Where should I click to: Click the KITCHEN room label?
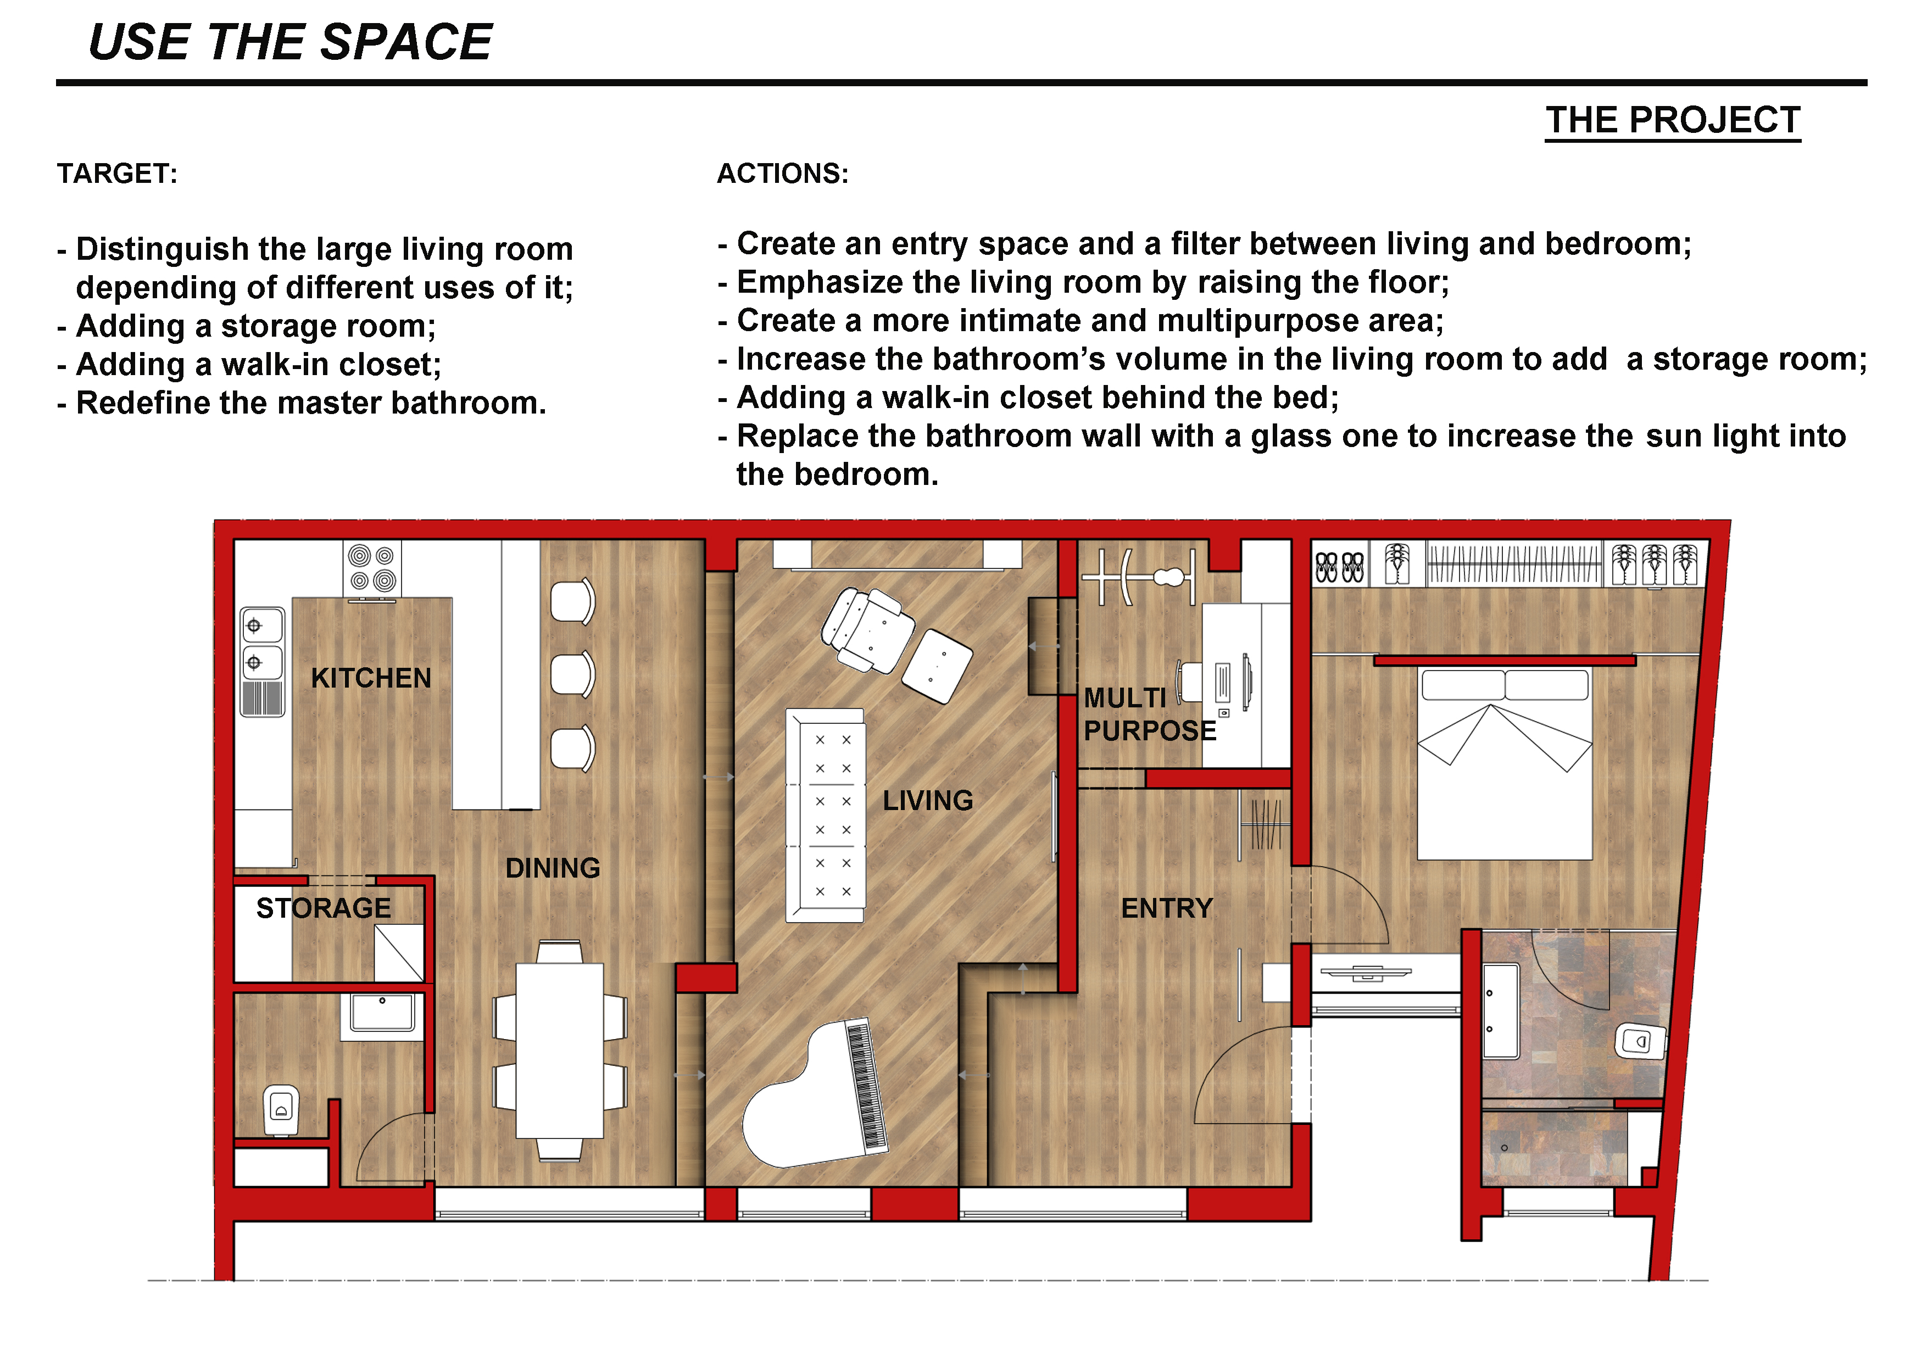pyautogui.click(x=371, y=678)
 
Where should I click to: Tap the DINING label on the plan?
pyautogui.click(x=553, y=868)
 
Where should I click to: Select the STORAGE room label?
pyautogui.click(x=324, y=908)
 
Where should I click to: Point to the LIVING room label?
pyautogui.click(x=927, y=801)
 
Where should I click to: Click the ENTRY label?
pyautogui.click(x=1167, y=908)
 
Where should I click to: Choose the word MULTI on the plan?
pyautogui.click(x=1124, y=698)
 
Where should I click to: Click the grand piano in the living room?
pyautogui.click(x=814, y=1095)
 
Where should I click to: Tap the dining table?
pyautogui.click(x=559, y=1050)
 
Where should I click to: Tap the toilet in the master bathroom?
pyautogui.click(x=1640, y=1041)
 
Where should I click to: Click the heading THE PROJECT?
pyautogui.click(x=1673, y=120)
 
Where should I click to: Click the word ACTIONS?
pyautogui.click(x=782, y=174)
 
